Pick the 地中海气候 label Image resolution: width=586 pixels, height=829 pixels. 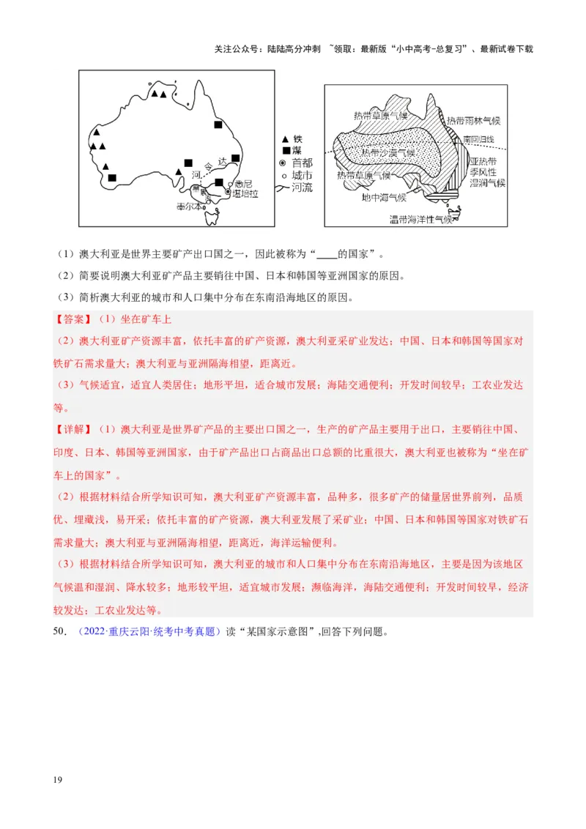[383, 197]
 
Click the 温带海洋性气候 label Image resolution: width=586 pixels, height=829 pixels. [420, 218]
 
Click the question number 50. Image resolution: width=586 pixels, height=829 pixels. [61, 631]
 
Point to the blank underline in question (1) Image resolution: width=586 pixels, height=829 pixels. [327, 255]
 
